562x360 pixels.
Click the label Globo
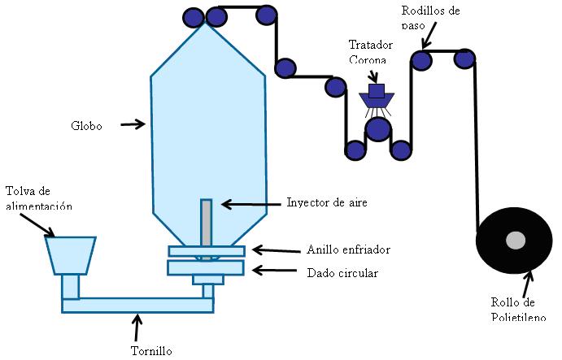click(87, 126)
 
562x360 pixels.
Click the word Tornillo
click(151, 351)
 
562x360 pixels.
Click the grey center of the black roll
click(515, 241)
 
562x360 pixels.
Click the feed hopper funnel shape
click(71, 254)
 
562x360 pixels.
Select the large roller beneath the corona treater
click(377, 128)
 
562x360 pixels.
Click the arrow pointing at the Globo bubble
click(133, 125)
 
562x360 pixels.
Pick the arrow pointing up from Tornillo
click(137, 327)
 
